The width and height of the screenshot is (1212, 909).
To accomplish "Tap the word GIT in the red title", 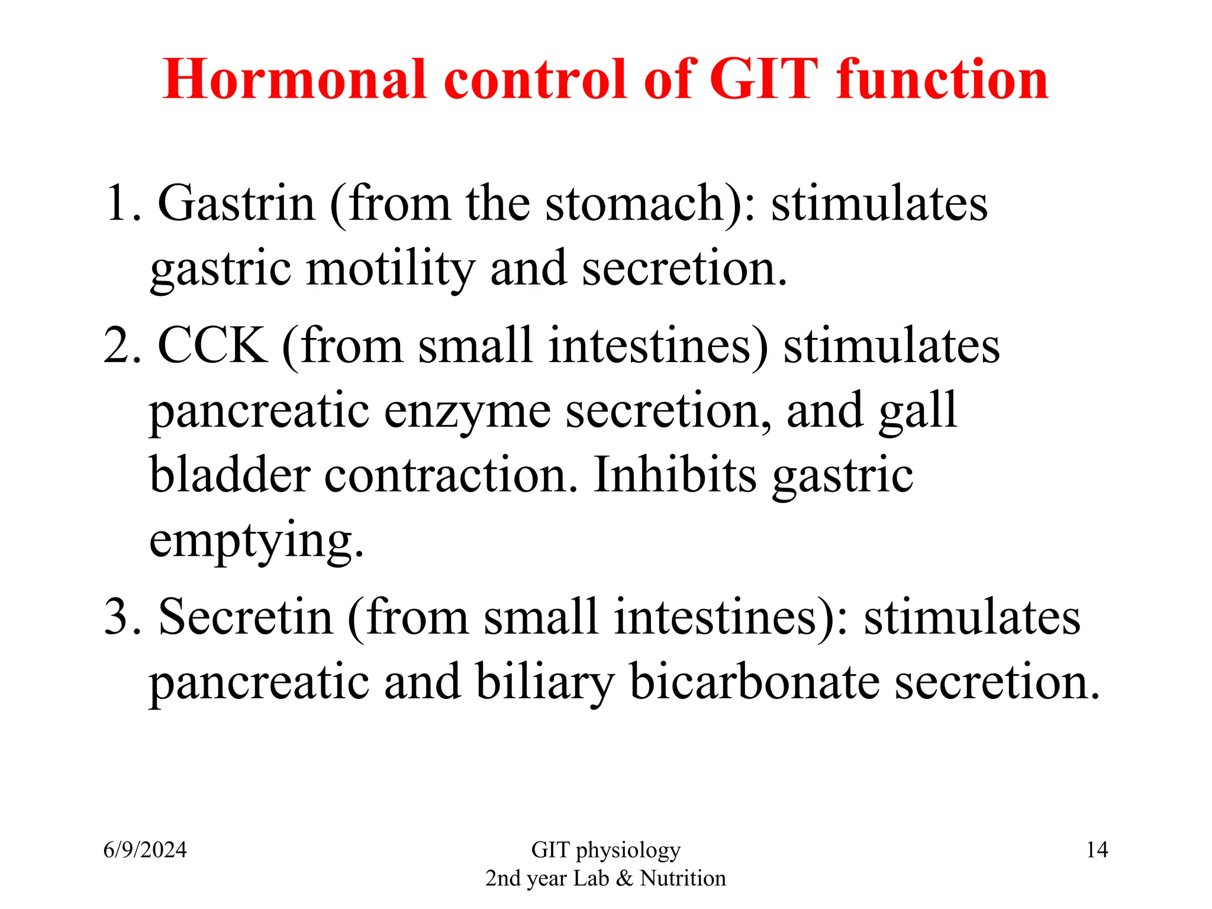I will click(763, 79).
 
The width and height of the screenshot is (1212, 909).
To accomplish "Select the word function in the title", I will click(942, 79).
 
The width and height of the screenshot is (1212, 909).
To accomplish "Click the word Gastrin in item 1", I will click(236, 203).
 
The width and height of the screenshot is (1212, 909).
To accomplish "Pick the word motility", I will click(391, 269).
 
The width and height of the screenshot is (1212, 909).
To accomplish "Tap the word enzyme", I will click(468, 411).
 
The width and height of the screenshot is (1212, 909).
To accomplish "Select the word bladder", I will click(230, 475).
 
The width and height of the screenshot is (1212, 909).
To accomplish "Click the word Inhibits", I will click(675, 475).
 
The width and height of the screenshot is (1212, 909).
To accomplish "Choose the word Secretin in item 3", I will click(246, 617).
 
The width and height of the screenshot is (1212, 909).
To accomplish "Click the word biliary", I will click(544, 683).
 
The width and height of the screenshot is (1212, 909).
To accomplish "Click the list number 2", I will click(121, 346).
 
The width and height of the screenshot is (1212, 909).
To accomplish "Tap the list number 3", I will click(121, 617).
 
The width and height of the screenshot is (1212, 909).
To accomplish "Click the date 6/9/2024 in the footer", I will click(145, 850).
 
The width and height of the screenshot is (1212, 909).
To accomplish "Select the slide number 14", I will click(1097, 850).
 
